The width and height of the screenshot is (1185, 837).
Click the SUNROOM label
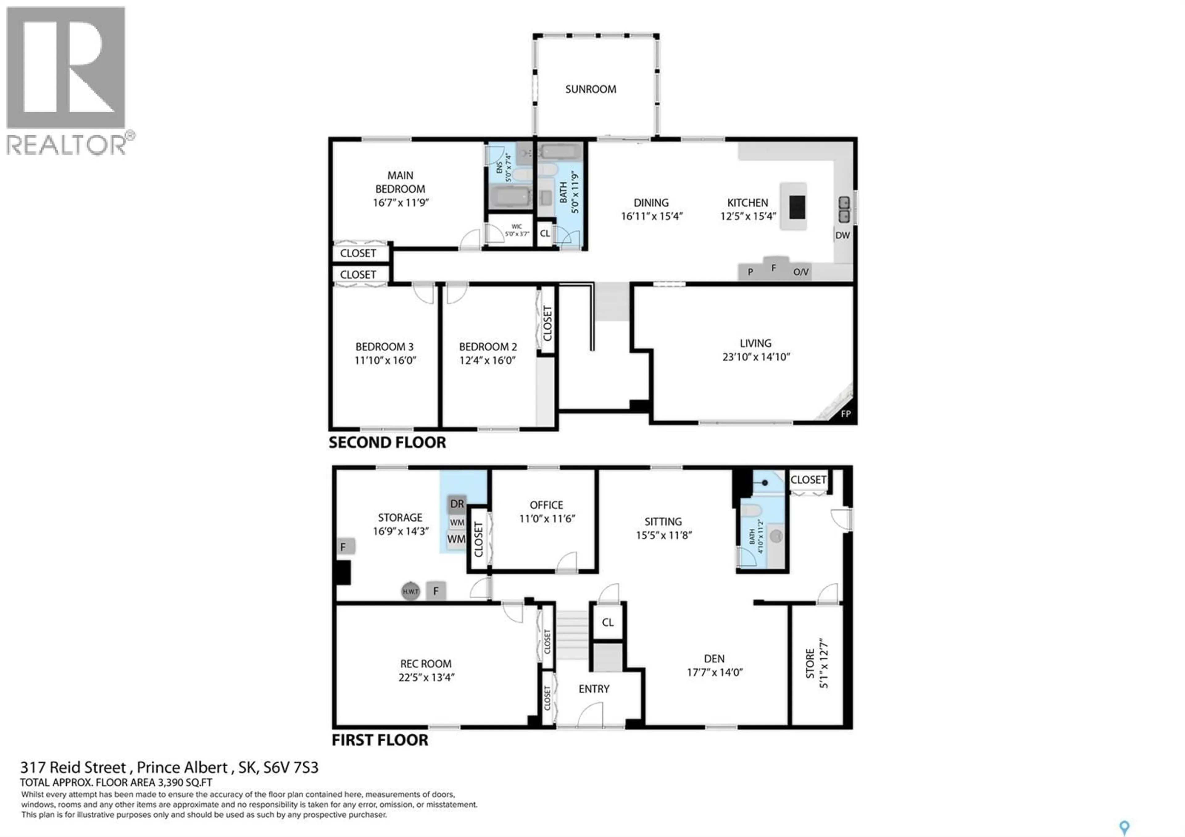tap(590, 89)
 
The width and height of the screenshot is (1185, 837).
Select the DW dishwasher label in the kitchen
tap(842, 235)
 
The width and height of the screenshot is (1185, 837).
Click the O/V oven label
tap(800, 272)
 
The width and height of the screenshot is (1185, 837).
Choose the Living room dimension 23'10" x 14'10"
tap(756, 357)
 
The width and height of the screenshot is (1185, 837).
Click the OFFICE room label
tap(546, 505)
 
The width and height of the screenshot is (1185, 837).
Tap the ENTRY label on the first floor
tap(593, 689)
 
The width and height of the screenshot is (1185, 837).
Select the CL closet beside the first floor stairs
tap(608, 622)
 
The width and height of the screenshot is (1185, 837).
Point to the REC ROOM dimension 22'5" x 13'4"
tap(426, 677)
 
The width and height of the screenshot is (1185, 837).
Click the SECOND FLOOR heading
tap(387, 443)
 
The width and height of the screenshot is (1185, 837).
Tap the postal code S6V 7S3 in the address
tap(291, 768)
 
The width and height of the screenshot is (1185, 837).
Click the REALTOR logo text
tap(66, 145)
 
